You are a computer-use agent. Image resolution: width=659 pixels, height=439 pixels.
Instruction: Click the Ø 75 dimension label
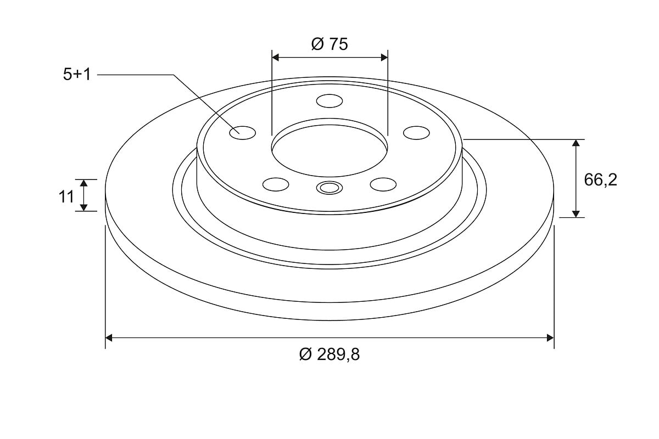click(x=329, y=44)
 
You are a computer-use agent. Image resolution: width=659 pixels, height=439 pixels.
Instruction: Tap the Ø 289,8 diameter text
click(x=329, y=354)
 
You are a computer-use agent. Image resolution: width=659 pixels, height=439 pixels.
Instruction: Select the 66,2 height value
click(x=600, y=179)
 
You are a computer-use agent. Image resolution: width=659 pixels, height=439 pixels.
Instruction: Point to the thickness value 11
click(x=66, y=196)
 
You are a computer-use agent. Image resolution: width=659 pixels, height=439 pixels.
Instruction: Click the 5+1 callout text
click(x=77, y=74)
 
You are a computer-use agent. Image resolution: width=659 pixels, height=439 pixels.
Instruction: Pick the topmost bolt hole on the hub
click(x=329, y=101)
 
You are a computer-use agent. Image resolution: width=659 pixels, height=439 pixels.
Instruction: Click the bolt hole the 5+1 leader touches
click(x=242, y=133)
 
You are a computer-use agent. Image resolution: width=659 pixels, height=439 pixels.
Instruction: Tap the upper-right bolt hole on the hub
click(x=416, y=133)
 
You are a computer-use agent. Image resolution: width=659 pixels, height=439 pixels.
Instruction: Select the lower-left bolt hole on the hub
click(x=276, y=184)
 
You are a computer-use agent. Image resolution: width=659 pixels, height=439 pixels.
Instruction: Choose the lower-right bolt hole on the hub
click(x=383, y=184)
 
